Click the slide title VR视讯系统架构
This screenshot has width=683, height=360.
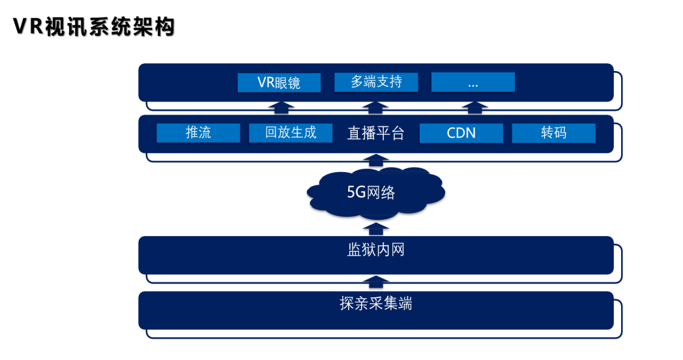pos(94,27)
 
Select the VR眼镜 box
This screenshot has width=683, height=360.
pos(279,82)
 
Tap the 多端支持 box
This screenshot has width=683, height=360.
pos(376,82)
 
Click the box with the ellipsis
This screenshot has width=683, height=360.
pos(473,82)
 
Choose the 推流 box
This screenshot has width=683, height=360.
pos(198,133)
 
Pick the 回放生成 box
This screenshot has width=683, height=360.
pos(291,133)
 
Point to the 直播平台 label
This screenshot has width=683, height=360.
pos(376,134)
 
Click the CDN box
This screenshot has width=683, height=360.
pos(461,133)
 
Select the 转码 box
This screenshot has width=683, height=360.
pos(553,133)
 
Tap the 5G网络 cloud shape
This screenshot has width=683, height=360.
pos(376,192)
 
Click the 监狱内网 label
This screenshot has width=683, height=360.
pos(376,250)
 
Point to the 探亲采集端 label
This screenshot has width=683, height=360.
pos(376,304)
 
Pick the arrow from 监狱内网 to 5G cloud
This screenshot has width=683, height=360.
pos(376,228)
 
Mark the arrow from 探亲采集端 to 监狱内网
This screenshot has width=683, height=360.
pos(376,282)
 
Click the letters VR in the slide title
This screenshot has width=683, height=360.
pos(28,27)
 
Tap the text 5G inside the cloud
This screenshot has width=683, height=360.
pos(357,193)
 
